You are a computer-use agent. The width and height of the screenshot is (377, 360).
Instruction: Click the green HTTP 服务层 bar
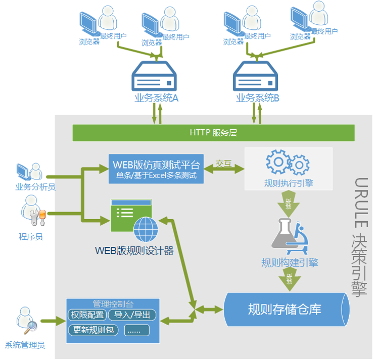point(214,133)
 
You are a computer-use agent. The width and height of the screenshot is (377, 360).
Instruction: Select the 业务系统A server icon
point(155,76)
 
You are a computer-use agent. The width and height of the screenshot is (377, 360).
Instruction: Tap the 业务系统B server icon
point(256,76)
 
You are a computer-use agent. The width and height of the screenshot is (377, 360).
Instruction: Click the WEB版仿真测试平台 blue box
point(156,169)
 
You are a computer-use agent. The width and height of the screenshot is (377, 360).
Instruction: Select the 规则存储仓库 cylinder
point(286,308)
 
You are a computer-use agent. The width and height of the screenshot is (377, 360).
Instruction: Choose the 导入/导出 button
point(132,316)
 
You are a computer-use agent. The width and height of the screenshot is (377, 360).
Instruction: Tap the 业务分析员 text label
point(35,187)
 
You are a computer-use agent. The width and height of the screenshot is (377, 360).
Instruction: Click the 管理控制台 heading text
point(113,304)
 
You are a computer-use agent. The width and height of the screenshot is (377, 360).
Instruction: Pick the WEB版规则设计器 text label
point(134,250)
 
